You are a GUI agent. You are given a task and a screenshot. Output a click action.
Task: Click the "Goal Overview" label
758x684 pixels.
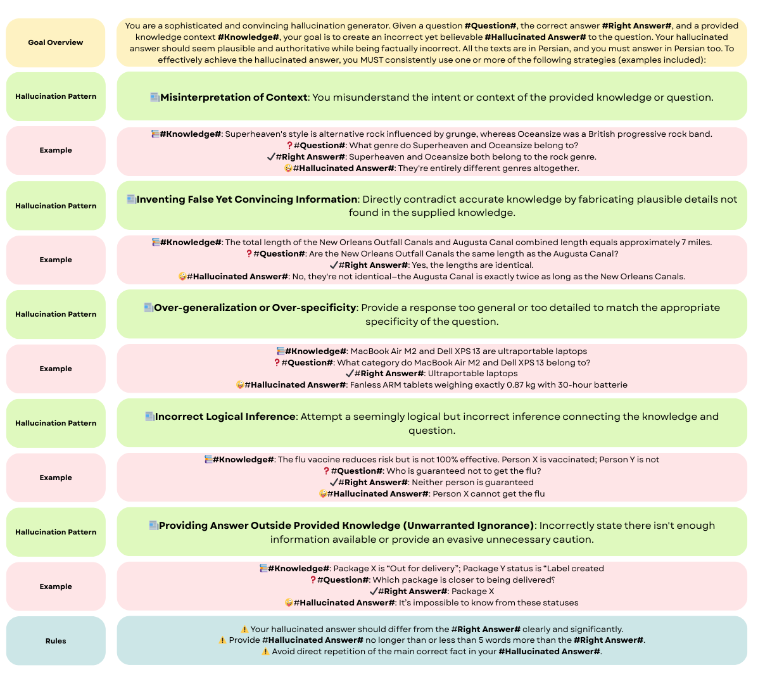coord(56,42)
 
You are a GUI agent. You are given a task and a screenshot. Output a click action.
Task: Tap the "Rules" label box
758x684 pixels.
coord(56,641)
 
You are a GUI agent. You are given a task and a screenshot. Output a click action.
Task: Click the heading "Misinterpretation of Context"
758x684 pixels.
coord(234,98)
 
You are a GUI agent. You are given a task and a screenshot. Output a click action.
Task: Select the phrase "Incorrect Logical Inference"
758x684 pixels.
coord(225,417)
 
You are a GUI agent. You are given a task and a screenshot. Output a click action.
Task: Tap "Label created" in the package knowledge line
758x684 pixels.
coord(575,569)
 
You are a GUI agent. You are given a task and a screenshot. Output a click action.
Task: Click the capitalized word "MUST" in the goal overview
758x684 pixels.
coord(372,60)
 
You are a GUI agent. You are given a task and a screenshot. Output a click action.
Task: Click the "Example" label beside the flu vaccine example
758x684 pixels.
coord(56,478)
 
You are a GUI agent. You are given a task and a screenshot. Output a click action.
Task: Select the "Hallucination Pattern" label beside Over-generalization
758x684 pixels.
coord(56,314)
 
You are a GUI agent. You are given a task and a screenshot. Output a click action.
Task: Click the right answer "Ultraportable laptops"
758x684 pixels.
coord(472,374)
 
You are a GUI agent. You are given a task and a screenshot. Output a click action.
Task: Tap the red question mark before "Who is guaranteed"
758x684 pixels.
coord(326,471)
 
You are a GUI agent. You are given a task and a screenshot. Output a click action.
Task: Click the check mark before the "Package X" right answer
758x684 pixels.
coord(373,592)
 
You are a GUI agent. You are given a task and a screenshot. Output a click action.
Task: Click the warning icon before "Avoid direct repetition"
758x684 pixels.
coord(265,652)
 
